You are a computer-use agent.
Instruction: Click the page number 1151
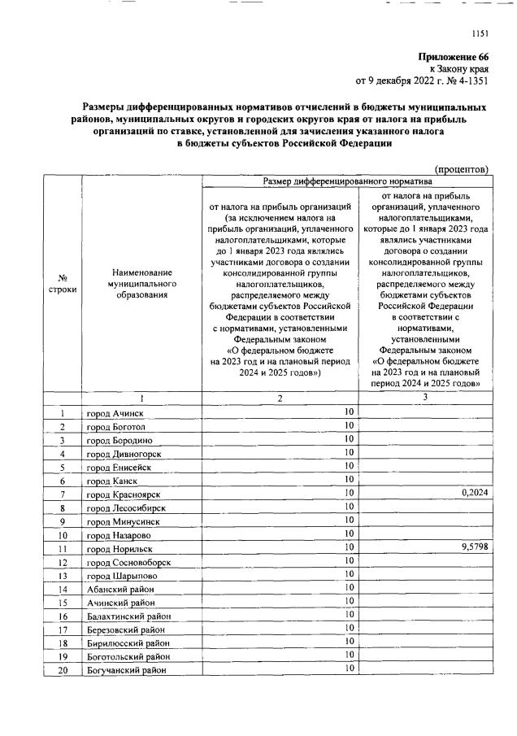click(x=480, y=33)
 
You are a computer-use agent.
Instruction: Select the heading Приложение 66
click(x=453, y=57)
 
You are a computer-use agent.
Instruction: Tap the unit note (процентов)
click(x=461, y=169)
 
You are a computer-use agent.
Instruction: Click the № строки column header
click(x=62, y=287)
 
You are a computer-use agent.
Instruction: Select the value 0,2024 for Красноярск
click(x=471, y=493)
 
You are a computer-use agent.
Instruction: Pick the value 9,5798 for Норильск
click(x=471, y=547)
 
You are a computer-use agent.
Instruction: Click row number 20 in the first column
click(x=62, y=669)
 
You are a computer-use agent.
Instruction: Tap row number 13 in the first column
click(x=62, y=575)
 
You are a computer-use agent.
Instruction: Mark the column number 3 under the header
click(x=424, y=397)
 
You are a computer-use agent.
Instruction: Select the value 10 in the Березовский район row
click(x=348, y=627)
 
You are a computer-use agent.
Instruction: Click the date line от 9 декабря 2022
click(x=422, y=81)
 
